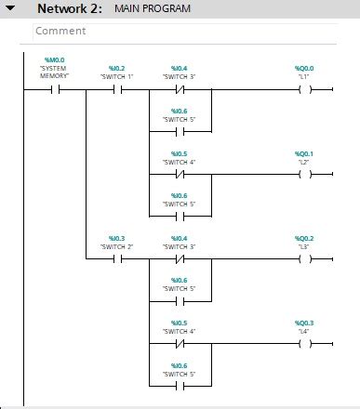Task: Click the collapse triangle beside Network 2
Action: (10, 8)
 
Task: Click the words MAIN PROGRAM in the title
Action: (153, 8)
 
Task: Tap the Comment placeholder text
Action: (60, 31)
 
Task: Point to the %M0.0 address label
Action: (55, 60)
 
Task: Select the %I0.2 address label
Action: (116, 69)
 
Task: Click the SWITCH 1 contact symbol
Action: (117, 90)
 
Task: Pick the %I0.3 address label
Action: (116, 239)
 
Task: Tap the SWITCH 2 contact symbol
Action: (117, 260)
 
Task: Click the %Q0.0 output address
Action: (304, 69)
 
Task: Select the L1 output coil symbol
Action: (304, 90)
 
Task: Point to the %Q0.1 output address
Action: (304, 153)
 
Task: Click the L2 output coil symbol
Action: (304, 175)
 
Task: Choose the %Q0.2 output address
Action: (304, 239)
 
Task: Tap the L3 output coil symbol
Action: (304, 260)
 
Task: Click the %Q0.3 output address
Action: (304, 323)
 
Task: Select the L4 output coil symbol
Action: (304, 345)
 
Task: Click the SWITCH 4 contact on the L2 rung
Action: (180, 175)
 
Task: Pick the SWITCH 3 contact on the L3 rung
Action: (180, 260)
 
